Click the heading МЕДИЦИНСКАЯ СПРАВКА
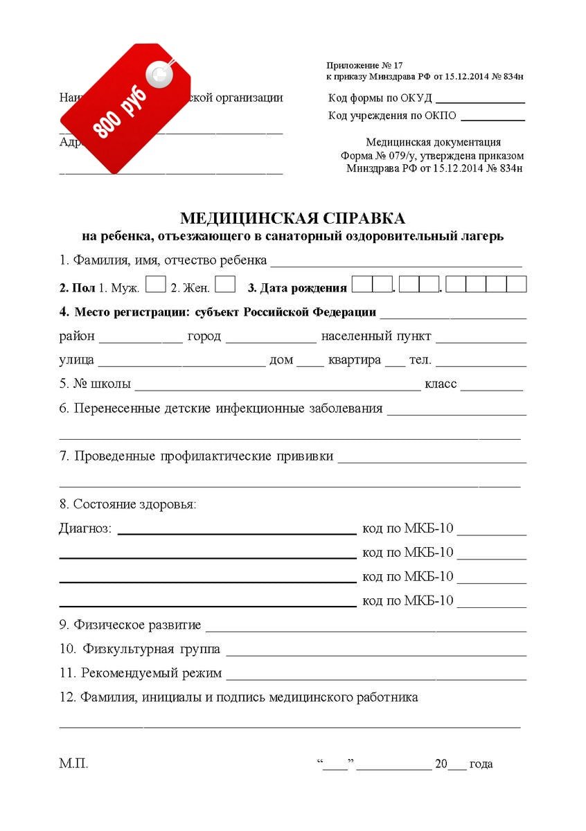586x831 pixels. coord(292,219)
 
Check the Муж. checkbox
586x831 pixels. coord(157,285)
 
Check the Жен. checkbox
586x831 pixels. coord(226,285)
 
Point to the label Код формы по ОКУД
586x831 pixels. coord(380,98)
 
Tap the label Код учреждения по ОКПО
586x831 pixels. coord(392,116)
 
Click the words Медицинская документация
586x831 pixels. coord(434,143)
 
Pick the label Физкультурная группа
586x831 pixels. coord(152,649)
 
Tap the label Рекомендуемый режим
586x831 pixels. coord(151,672)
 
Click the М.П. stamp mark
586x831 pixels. coord(73,765)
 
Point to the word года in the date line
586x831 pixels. coord(481,765)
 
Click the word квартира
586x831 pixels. coord(355,360)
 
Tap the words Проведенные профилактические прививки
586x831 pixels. coord(204,456)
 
